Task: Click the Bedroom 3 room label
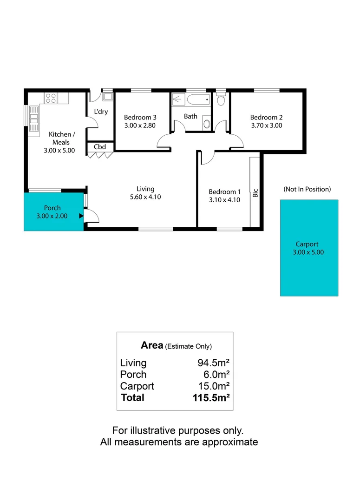coord(140,117)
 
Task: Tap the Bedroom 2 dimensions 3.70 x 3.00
coord(266,125)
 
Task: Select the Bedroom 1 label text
coord(224,192)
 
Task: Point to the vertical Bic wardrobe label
coord(255,193)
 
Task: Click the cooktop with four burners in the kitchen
coord(51,98)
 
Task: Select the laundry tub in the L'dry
coord(107,97)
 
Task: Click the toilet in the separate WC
coord(221,99)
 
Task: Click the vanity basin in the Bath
coord(207,124)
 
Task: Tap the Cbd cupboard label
coord(100,147)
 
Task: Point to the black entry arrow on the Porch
coord(81,216)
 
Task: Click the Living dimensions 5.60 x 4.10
coord(145,197)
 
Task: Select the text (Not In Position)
coord(307,189)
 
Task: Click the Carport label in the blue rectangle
coord(307,244)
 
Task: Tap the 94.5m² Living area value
coord(214,363)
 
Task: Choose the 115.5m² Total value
coord(211,398)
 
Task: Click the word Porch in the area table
coord(133,375)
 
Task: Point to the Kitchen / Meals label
coord(62,138)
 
